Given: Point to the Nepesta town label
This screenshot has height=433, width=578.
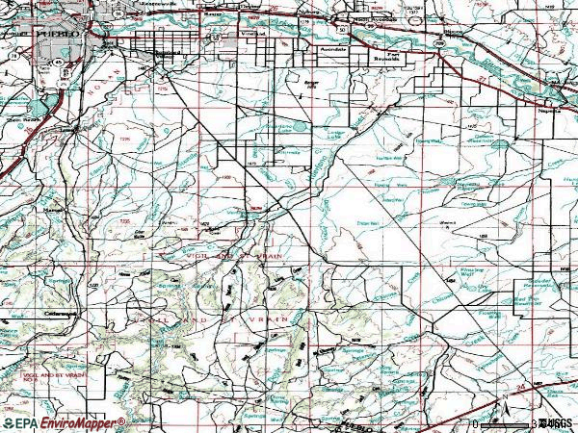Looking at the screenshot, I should pos(549,111).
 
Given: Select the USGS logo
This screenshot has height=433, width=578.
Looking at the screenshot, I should pos(557,422).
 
